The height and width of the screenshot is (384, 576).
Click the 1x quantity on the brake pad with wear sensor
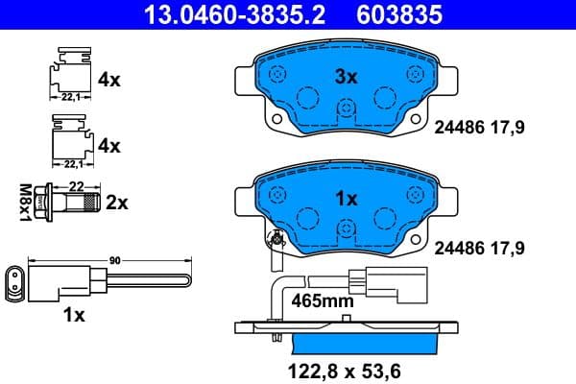point(346,199)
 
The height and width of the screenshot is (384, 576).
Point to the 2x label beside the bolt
point(117,203)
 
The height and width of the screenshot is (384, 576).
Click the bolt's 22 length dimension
point(75,185)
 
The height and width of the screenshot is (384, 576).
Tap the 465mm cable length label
point(324,300)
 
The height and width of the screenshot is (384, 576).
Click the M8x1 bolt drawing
point(73,204)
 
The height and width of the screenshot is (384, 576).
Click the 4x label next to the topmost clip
point(109,80)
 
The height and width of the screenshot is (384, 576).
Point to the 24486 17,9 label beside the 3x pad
point(480,126)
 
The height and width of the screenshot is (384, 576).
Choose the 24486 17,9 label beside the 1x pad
point(480,247)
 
